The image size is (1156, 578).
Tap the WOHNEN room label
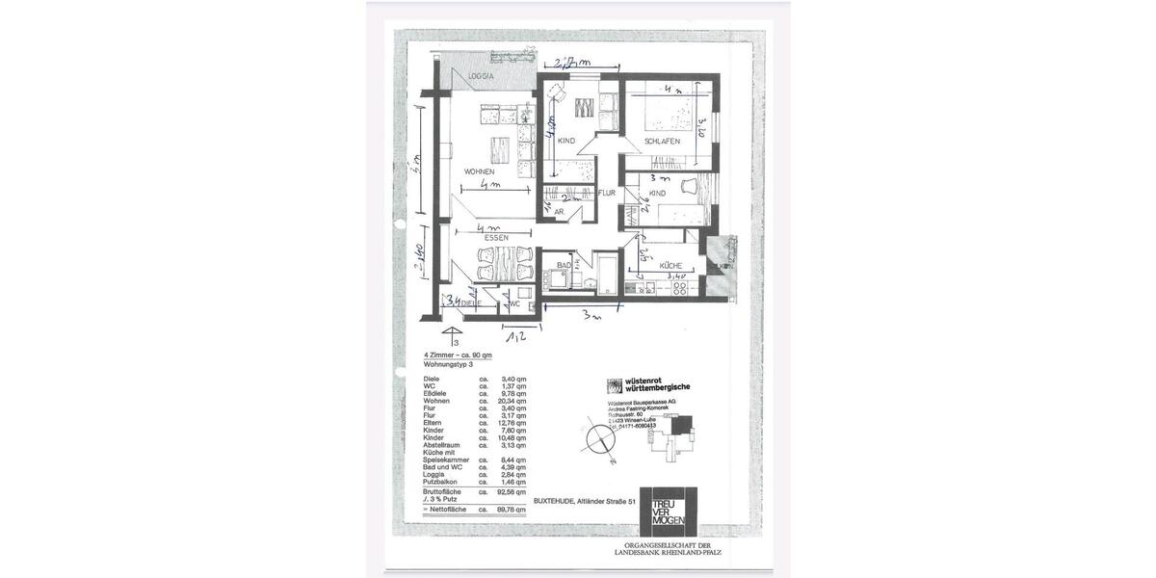(479, 172)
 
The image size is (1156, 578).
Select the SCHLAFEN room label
(663, 141)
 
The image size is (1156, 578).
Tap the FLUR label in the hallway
(607, 193)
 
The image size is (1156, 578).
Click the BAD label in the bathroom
(565, 265)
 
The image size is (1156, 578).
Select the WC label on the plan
(514, 304)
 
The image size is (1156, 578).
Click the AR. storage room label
(558, 212)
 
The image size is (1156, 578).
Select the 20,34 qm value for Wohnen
(514, 400)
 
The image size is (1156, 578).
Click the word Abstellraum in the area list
(442, 445)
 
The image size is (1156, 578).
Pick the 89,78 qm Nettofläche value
(514, 509)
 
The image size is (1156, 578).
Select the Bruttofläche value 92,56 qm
(514, 491)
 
